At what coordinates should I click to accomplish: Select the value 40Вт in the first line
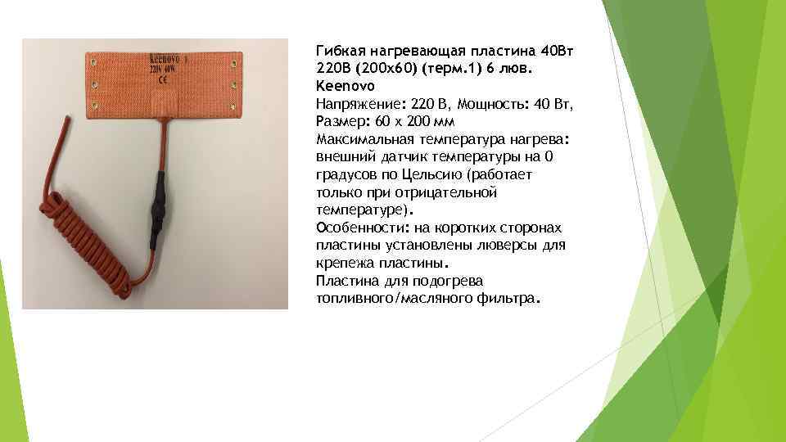pos(559,51)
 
